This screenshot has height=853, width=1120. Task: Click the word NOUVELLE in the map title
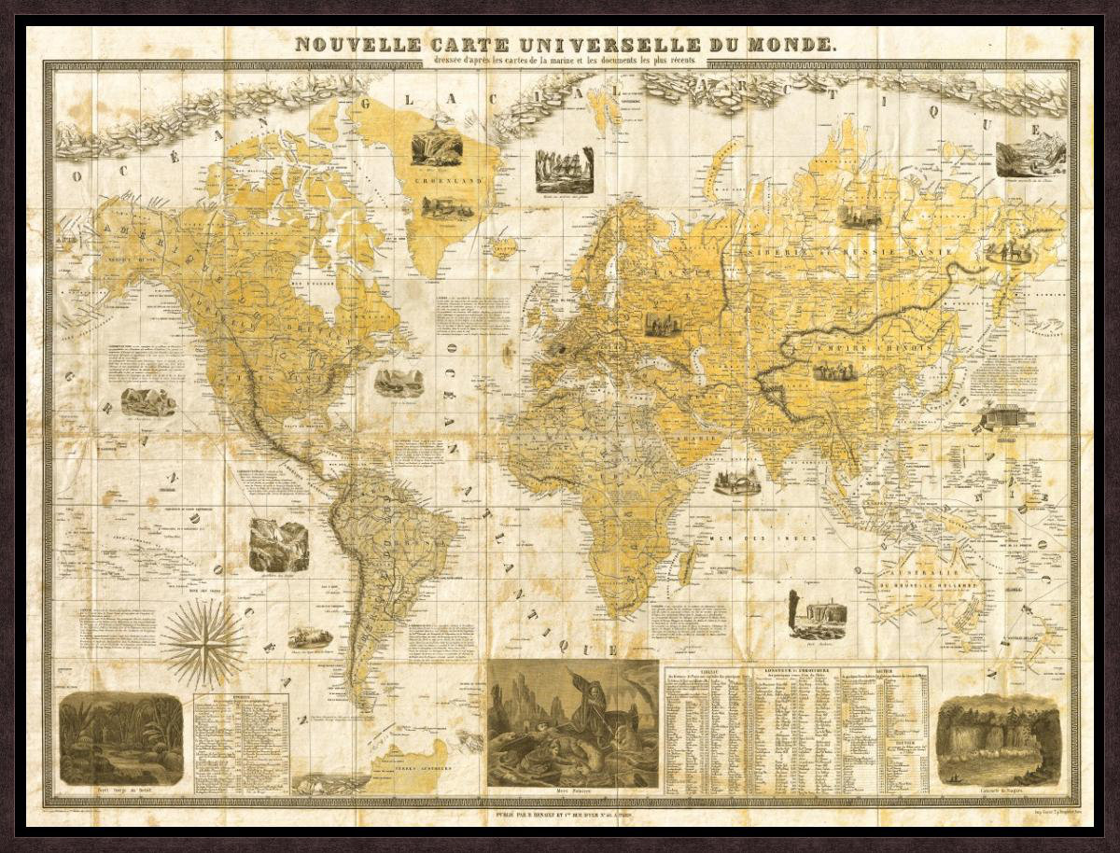(x=347, y=44)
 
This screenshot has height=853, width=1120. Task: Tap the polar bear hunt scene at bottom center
(x=572, y=723)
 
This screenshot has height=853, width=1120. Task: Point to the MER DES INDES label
(x=763, y=538)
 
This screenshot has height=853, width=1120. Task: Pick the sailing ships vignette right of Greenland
(x=564, y=170)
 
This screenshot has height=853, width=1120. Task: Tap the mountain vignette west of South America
(x=278, y=545)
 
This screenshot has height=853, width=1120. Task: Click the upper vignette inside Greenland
(x=436, y=148)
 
